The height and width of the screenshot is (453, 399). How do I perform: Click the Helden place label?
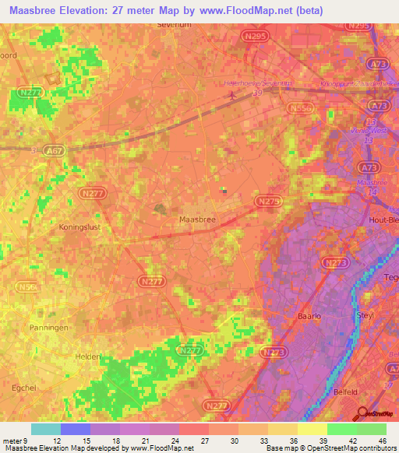(x=88, y=356)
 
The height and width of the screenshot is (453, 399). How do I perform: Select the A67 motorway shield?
(x=54, y=150)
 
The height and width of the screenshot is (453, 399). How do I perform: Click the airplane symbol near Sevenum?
(x=233, y=97)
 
